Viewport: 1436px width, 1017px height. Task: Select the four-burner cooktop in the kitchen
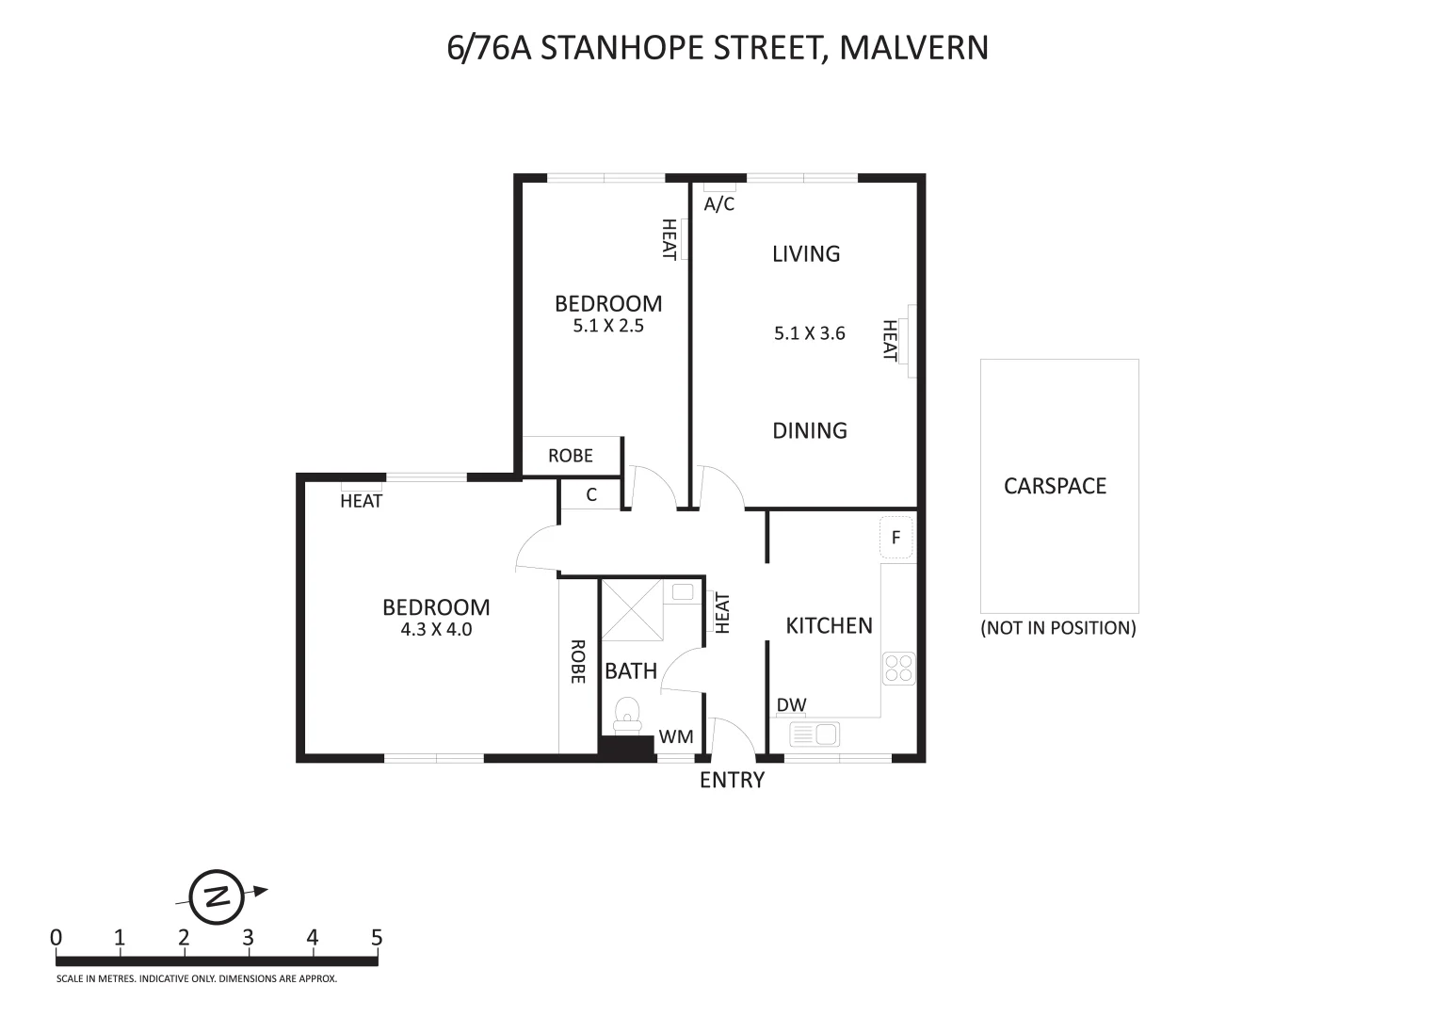click(897, 668)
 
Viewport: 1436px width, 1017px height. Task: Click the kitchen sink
click(815, 734)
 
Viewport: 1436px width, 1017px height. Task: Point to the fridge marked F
click(895, 539)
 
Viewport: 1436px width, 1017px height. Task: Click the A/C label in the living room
click(718, 203)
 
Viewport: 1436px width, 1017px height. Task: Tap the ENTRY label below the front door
click(732, 780)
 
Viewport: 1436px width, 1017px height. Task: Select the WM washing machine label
click(675, 736)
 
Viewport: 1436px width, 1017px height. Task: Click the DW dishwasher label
click(791, 705)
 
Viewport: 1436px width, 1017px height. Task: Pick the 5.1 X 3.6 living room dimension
click(809, 332)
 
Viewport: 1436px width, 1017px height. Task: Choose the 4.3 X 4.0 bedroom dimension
click(436, 629)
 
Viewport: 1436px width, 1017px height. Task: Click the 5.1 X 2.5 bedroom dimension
click(607, 327)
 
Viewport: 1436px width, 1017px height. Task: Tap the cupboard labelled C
click(591, 494)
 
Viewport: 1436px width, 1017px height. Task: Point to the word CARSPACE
click(1055, 486)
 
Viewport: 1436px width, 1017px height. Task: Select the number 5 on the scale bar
click(377, 938)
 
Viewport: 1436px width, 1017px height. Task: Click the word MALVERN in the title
click(912, 47)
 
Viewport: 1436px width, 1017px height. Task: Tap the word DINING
click(810, 430)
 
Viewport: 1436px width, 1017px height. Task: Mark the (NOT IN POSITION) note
click(1058, 628)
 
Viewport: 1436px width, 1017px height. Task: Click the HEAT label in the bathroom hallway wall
click(722, 612)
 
